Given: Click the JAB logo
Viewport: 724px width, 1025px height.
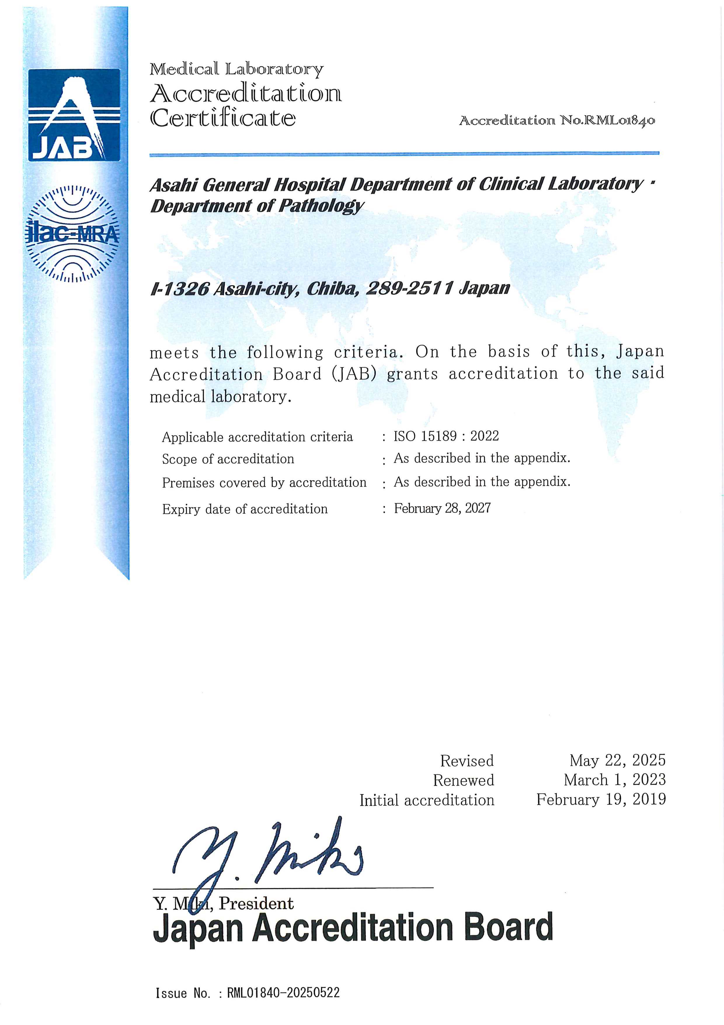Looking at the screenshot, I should click(x=74, y=115).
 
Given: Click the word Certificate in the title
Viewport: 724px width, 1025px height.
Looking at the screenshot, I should click(x=222, y=118).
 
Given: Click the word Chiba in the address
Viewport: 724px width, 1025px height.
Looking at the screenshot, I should click(x=333, y=289).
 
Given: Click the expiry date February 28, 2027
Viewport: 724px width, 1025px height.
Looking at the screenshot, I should click(x=442, y=508).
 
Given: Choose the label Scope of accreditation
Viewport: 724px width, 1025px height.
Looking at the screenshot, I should click(x=228, y=459).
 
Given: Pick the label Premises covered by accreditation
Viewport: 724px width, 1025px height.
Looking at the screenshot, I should click(x=264, y=483).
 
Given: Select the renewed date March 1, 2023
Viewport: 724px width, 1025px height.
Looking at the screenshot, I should click(x=614, y=780).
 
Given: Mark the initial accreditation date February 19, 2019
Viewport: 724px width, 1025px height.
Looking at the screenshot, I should click(x=601, y=799).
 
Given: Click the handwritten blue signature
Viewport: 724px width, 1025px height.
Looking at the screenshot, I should click(x=268, y=855).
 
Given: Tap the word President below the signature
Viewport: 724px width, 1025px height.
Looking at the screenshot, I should click(x=256, y=903).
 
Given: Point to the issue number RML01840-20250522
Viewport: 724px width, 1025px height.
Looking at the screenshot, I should click(x=283, y=993).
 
